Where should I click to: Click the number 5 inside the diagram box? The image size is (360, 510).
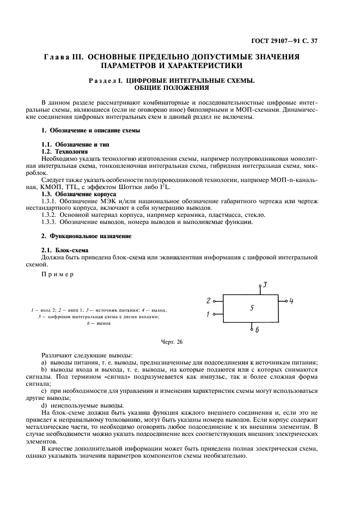click(252, 308)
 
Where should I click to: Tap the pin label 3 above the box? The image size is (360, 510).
click(264, 284)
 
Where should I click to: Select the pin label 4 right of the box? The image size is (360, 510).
click(291, 301)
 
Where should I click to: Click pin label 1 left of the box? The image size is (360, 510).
click(208, 314)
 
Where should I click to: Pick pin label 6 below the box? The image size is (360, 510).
click(257, 330)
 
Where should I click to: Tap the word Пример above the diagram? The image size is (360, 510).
click(57, 274)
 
